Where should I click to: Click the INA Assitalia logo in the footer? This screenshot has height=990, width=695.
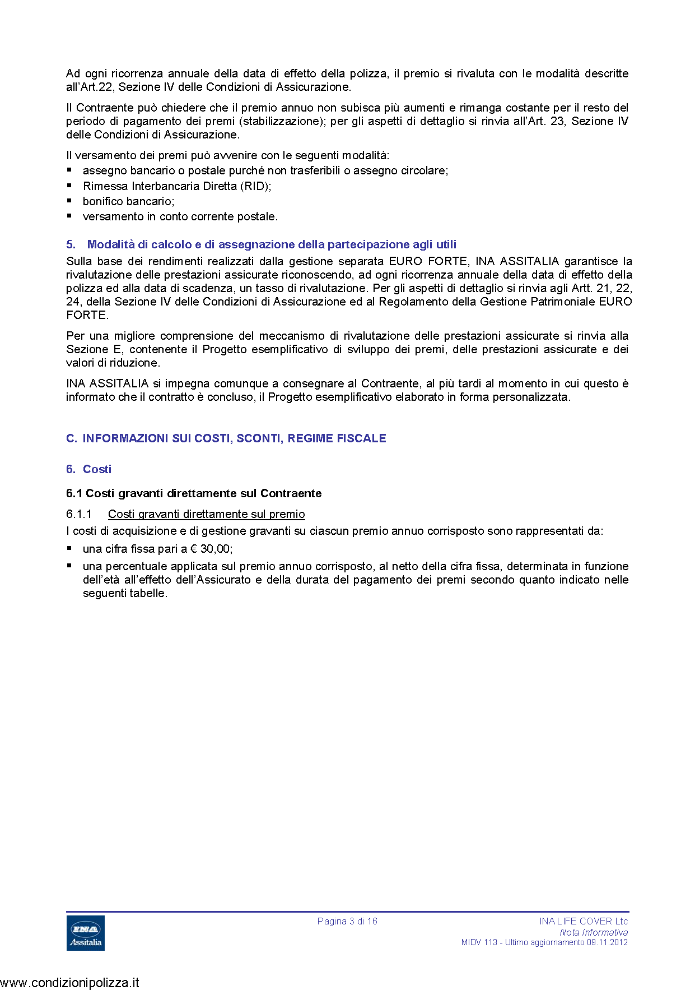[86, 932]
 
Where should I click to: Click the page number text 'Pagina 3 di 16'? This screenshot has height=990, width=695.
[347, 921]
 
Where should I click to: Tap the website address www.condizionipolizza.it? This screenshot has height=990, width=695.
[70, 982]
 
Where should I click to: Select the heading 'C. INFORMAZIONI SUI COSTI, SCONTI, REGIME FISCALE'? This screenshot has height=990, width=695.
[226, 438]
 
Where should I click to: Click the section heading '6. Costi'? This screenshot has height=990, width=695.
[89, 469]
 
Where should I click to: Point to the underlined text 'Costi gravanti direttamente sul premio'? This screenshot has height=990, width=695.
[207, 514]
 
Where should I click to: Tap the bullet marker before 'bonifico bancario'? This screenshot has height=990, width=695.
[69, 200]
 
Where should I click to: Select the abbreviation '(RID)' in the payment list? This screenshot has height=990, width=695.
[255, 186]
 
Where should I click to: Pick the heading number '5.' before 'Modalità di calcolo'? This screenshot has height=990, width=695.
[71, 244]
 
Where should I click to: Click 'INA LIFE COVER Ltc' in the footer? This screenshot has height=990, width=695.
[584, 921]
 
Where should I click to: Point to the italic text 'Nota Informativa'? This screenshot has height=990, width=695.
[594, 932]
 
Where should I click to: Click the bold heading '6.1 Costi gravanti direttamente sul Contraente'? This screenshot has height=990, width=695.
[194, 493]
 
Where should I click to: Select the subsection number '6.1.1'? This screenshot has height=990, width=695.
[79, 514]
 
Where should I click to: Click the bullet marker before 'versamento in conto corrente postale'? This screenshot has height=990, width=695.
[69, 215]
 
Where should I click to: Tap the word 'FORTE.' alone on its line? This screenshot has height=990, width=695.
[87, 315]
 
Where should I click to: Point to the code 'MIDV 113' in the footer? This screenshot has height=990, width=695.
[479, 942]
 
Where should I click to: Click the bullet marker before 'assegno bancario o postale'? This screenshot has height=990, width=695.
[69, 169]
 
